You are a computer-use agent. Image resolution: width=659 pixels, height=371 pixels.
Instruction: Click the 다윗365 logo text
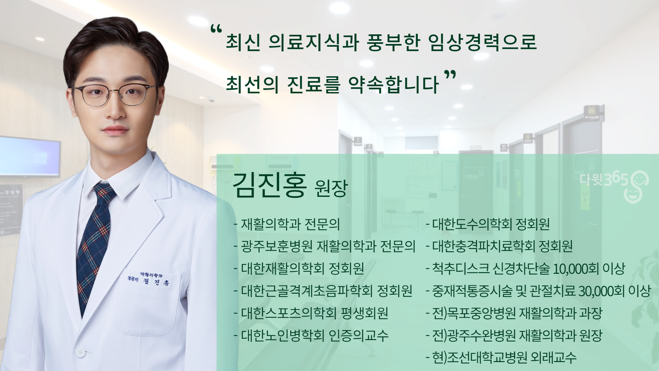[x=604, y=179]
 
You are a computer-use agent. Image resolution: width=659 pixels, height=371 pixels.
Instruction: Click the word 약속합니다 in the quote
[x=394, y=85]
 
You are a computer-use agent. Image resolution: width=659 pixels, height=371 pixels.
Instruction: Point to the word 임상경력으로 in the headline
[x=482, y=42]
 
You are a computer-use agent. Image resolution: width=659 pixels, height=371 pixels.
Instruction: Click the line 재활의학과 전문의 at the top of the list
[x=287, y=224]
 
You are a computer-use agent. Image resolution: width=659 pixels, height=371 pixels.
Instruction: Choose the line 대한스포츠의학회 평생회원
[x=311, y=313]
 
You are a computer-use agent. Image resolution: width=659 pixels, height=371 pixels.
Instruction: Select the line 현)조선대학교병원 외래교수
[x=501, y=357]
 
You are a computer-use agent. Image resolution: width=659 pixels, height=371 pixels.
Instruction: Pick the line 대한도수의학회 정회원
[x=488, y=224]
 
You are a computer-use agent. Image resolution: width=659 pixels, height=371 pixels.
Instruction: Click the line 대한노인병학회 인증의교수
[x=311, y=335]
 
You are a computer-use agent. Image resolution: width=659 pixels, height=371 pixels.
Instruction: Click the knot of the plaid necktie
[x=104, y=194]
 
